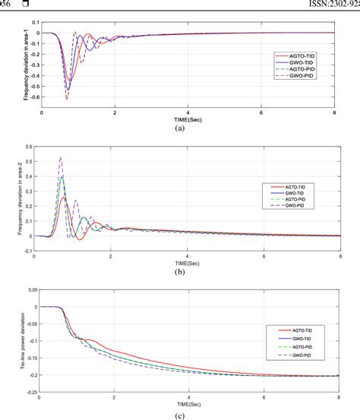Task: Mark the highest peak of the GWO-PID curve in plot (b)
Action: [x=60, y=156]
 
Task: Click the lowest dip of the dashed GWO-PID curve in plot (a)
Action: [x=66, y=99]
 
